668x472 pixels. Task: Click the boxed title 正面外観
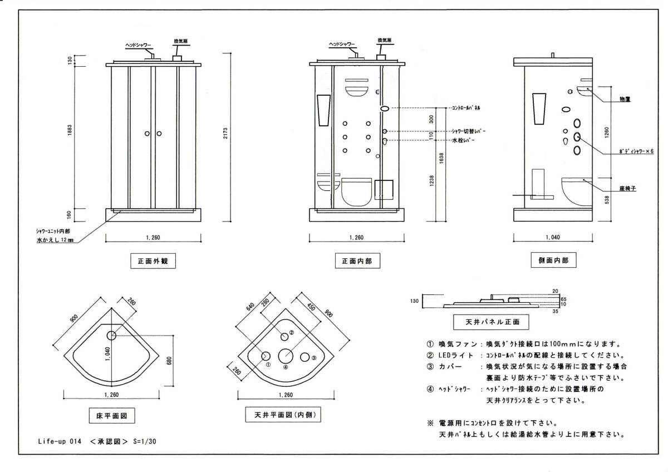point(149,261)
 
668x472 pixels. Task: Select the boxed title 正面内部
point(353,261)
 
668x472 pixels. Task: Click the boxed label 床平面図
point(112,415)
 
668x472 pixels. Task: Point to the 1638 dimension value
point(441,160)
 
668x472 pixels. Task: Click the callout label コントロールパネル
point(466,107)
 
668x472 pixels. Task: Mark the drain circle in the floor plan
point(111,335)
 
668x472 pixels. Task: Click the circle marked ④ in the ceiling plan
point(286,355)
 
